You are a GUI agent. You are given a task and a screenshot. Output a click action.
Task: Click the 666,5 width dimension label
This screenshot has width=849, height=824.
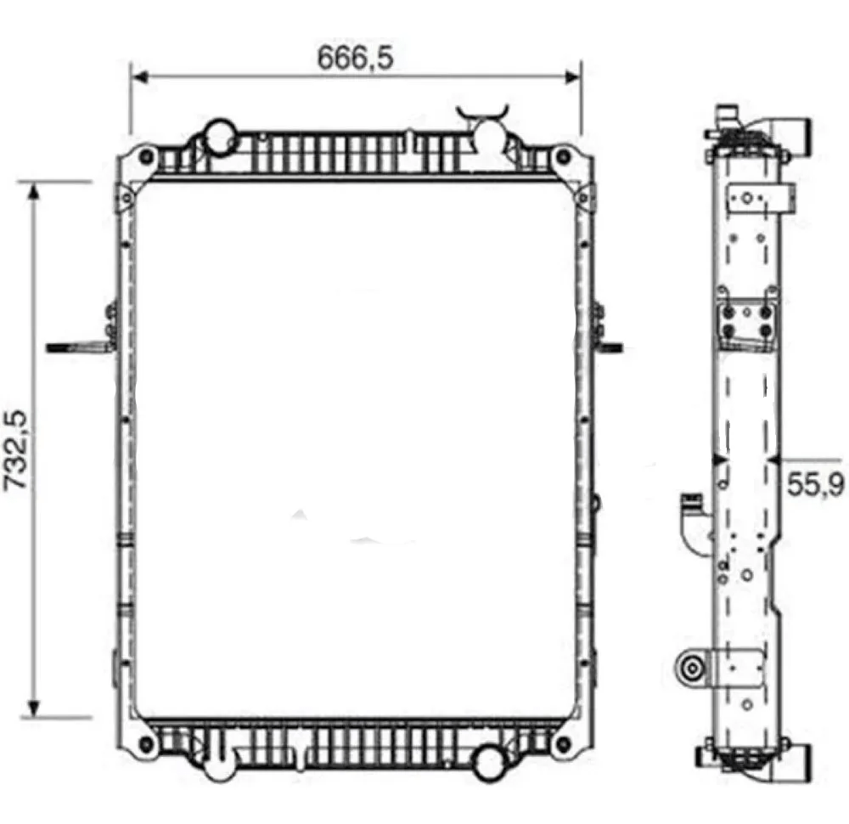[355, 58]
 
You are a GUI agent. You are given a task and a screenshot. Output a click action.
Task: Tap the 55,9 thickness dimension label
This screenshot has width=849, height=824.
[815, 484]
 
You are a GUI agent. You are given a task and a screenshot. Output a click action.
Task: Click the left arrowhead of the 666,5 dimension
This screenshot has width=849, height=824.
[140, 77]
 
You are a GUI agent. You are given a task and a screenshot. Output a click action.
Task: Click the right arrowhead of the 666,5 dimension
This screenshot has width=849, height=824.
[572, 77]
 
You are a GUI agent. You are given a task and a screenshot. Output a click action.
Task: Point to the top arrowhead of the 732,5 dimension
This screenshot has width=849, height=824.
[34, 190]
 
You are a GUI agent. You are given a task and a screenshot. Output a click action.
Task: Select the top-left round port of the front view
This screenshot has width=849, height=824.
[220, 136]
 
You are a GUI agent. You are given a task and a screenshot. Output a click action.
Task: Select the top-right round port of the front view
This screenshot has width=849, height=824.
[488, 135]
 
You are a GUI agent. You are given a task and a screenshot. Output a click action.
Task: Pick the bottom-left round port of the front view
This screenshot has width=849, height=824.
[219, 764]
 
